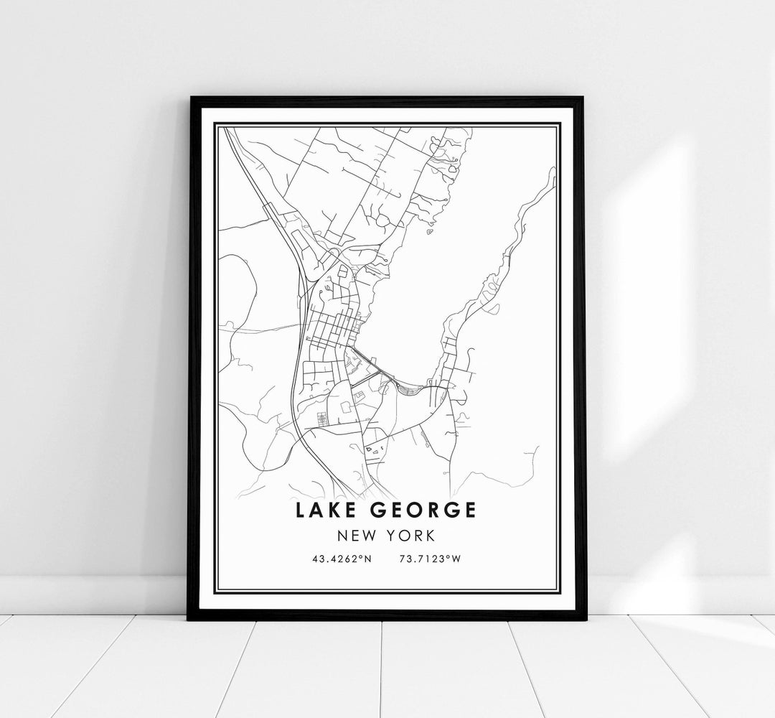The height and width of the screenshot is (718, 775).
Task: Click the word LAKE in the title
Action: pos(327,510)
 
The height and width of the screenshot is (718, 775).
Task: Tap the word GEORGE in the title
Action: pos(423,510)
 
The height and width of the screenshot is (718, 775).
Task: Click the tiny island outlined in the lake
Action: pos(429,232)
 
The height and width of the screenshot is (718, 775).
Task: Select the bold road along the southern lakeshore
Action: pos(374,367)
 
